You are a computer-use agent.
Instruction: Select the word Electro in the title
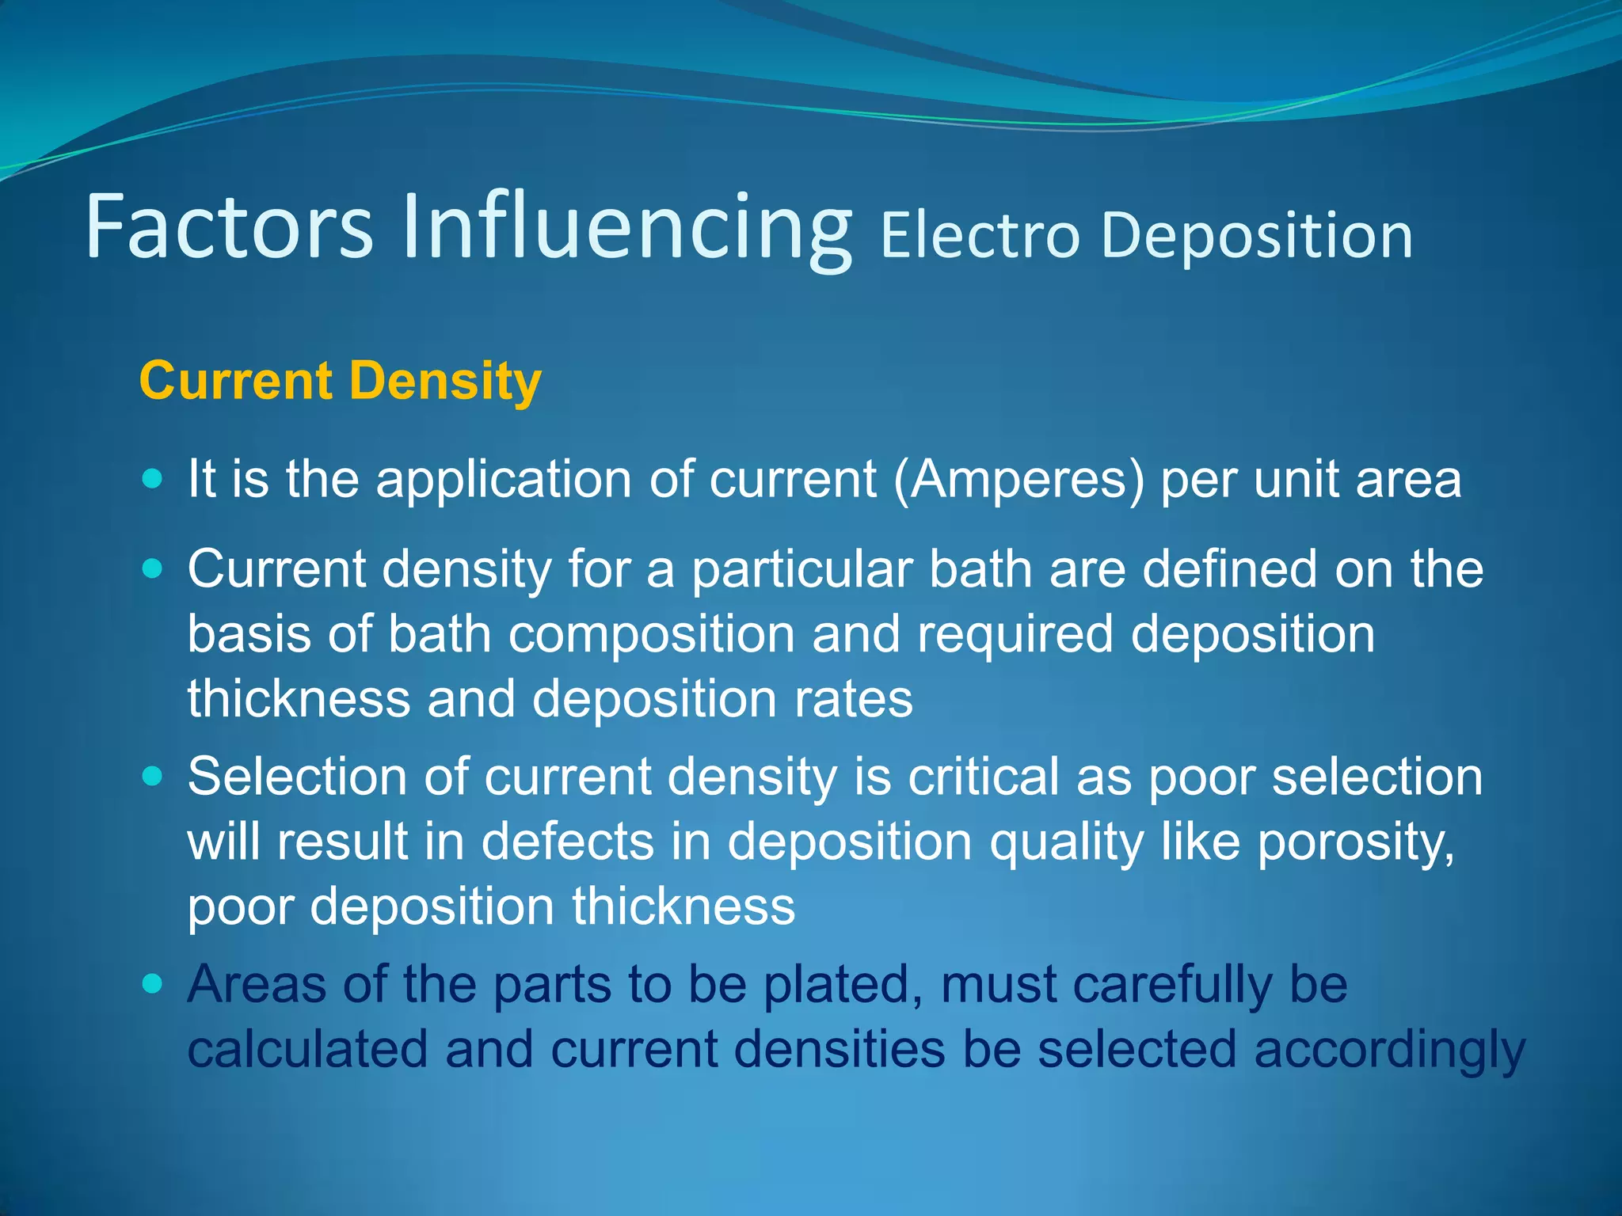(980, 235)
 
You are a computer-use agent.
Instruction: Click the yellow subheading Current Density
(341, 382)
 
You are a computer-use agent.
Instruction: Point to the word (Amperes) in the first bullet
(1019, 480)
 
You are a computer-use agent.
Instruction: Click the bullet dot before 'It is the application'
(153, 478)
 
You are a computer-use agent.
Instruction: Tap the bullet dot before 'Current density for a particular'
(153, 568)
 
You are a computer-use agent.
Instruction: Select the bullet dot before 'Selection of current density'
(153, 776)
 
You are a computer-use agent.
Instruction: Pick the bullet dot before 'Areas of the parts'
(153, 983)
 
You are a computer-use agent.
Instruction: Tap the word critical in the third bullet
(983, 777)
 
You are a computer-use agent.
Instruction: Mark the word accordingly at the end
(1389, 1051)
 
